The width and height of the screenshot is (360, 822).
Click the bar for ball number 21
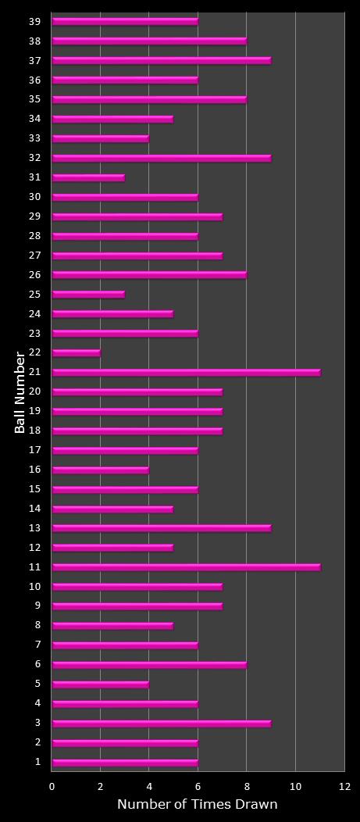pos(186,373)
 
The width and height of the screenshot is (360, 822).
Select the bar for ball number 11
pos(186,567)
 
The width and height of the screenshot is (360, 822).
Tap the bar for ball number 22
pos(76,353)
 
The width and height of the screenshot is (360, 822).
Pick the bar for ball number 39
pos(125,22)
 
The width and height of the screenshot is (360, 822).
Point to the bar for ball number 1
pos(125,763)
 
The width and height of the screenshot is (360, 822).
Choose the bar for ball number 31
pos(88,177)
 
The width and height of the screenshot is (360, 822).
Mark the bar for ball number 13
pos(162,528)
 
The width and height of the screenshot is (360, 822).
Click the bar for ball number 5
pos(100,684)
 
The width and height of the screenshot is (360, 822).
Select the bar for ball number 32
pos(162,158)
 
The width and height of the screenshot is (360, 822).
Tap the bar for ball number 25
pos(88,295)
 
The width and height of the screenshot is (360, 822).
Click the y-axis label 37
pos(36,60)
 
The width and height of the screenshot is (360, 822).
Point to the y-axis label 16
pos(36,470)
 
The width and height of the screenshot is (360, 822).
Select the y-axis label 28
pos(36,236)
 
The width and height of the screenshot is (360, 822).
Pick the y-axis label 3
pos(37,724)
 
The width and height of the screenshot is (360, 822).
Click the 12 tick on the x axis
pos(344,787)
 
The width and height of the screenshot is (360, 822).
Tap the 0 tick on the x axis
pos(52,787)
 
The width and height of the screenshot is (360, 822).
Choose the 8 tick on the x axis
pos(247,787)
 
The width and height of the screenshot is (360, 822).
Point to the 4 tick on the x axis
pos(149,787)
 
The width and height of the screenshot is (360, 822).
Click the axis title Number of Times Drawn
pos(197,805)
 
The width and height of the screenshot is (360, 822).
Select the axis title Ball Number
pos(20,392)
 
